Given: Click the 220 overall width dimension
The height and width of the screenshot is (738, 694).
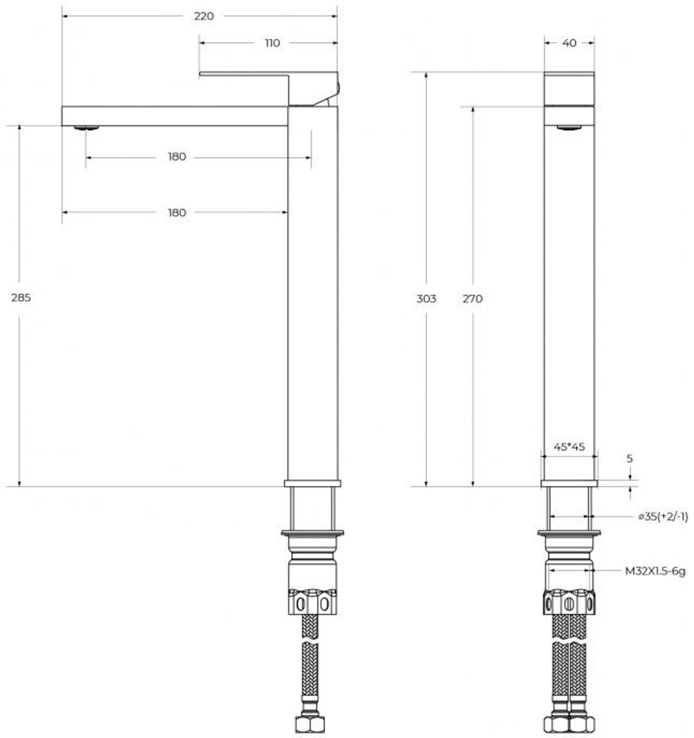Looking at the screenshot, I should point(203,16).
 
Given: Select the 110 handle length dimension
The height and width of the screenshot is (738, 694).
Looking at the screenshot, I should point(272,43).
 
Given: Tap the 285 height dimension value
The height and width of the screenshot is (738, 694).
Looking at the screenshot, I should point(22,297).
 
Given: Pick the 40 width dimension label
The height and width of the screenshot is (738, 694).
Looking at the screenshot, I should point(569,43).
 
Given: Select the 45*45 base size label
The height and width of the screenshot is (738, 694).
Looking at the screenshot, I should point(569,447).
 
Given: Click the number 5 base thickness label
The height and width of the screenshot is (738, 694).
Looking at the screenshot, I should point(629,459).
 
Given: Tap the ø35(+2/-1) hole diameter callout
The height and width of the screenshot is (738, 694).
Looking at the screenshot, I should point(663,517).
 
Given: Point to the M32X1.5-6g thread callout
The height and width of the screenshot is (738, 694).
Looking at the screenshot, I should point(654,571).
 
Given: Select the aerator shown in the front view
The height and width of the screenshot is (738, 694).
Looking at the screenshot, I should point(569,127).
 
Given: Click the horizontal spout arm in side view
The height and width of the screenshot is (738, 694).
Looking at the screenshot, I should point(173,116).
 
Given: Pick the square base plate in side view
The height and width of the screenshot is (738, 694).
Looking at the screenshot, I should point(312,483).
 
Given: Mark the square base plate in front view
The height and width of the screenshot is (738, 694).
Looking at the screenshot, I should point(569,483).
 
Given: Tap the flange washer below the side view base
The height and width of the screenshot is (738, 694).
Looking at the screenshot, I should point(312,533).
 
